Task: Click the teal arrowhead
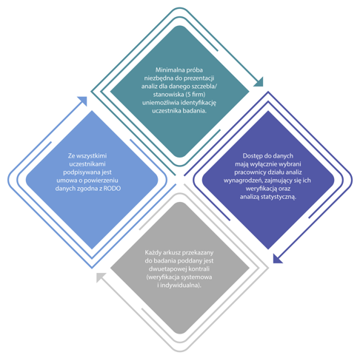click(x=259, y=83)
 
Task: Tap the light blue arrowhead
click(x=83, y=101)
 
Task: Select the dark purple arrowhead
click(x=277, y=259)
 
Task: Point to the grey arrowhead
click(x=100, y=277)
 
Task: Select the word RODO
click(x=112, y=189)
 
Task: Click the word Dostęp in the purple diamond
click(x=252, y=156)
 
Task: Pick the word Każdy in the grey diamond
click(x=153, y=253)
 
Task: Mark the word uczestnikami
click(x=87, y=164)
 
